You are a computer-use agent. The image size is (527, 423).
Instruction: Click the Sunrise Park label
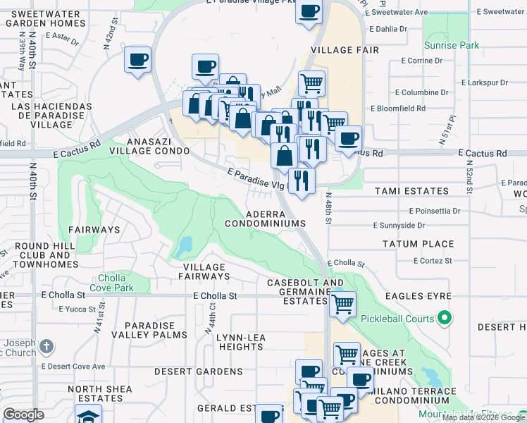tap(452, 46)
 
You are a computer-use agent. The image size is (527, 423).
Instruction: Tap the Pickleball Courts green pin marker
tap(444, 319)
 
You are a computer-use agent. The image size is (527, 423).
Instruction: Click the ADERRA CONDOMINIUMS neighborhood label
tap(265, 218)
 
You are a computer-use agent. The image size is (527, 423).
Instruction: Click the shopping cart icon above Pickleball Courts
tap(342, 305)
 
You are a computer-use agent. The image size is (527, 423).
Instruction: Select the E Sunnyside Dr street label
tap(398, 226)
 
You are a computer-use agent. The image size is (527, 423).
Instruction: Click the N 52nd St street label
tap(469, 176)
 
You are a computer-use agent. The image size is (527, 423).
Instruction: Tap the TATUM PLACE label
tap(418, 244)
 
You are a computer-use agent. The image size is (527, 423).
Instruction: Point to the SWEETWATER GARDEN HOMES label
tap(49, 18)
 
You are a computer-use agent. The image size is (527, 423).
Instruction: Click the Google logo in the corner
tap(23, 415)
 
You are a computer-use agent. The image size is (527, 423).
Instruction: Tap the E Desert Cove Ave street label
tap(73, 367)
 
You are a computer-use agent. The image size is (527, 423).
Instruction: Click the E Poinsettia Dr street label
tap(434, 210)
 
